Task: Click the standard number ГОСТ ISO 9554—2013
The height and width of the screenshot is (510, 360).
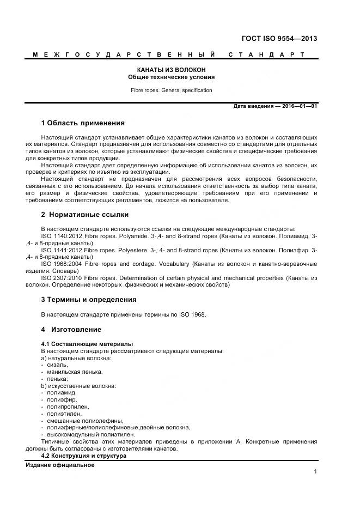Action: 279,39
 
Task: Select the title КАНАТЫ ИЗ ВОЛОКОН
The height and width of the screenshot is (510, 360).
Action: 171,70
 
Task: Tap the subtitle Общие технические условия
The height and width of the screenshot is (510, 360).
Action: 171,77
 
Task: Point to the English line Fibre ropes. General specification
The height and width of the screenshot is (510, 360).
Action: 171,90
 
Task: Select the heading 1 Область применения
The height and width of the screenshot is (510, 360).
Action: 83,123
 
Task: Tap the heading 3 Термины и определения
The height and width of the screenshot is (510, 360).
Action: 88,299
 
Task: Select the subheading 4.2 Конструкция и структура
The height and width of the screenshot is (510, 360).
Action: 83,456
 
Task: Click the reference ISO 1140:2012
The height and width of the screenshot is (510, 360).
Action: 60,235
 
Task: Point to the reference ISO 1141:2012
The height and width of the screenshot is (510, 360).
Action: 60,250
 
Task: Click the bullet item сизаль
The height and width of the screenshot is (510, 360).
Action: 58,365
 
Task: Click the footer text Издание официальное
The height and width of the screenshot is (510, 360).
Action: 60,465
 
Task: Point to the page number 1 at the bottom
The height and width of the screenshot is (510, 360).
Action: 315,472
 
